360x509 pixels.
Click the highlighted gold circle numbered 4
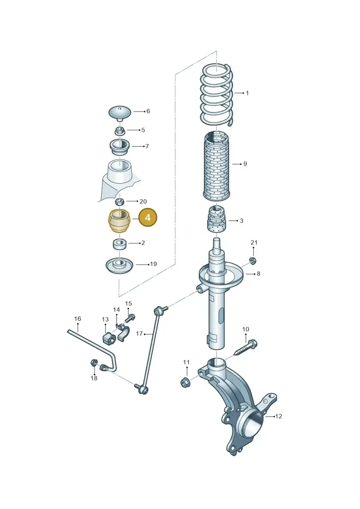tap(148, 217)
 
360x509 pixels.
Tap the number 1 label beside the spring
tap(247, 93)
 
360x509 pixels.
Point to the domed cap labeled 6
tap(120, 114)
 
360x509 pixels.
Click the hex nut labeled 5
tap(119, 131)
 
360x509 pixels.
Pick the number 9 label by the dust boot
tap(245, 164)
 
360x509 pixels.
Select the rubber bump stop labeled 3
tap(216, 219)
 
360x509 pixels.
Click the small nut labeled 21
tap(252, 260)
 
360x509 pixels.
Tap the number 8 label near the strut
tap(258, 274)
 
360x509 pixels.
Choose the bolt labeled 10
tap(245, 347)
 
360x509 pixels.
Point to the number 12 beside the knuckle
tap(279, 416)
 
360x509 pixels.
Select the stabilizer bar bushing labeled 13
tap(109, 338)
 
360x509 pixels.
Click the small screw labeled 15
tap(130, 318)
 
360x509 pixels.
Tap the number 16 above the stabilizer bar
tap(77, 319)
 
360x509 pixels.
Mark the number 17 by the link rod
tap(139, 333)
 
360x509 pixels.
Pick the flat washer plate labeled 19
tap(120, 266)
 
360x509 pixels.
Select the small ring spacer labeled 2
tap(120, 244)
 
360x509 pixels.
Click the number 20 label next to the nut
tap(143, 202)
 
